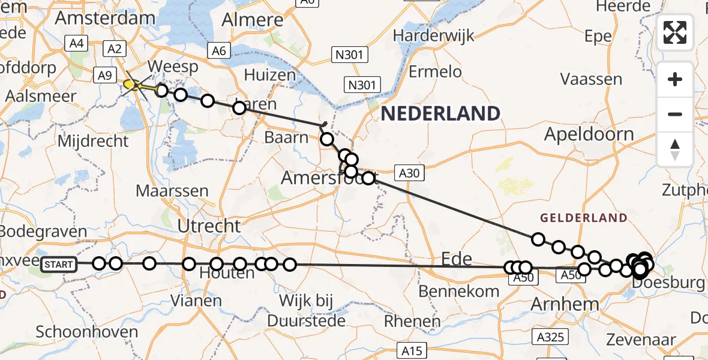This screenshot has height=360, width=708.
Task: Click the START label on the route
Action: click(x=59, y=264)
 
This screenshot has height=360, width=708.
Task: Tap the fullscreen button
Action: click(x=675, y=32)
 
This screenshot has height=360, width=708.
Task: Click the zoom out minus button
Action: click(x=675, y=114)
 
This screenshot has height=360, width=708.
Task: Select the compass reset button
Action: click(x=675, y=149)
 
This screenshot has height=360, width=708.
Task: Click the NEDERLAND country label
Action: click(x=440, y=113)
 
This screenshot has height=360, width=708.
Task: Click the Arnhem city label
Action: click(x=565, y=304)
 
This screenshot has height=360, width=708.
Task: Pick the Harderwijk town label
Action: click(x=433, y=35)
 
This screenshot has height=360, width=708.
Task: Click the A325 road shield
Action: click(x=551, y=337)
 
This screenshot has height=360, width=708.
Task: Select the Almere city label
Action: click(x=252, y=20)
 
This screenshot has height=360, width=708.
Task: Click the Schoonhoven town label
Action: click(x=87, y=332)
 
